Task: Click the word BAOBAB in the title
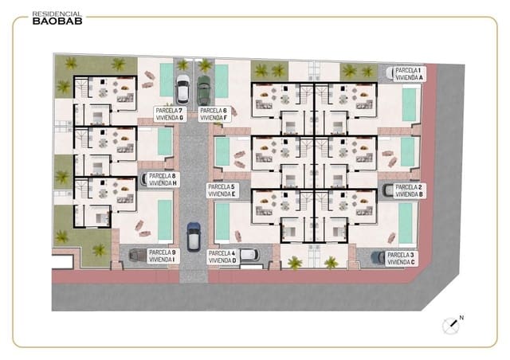(56, 22)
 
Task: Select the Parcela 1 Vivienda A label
(410, 74)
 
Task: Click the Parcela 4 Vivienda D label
(222, 257)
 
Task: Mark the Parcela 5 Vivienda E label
(222, 190)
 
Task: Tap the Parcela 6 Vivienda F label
(214, 114)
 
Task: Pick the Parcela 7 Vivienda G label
(170, 114)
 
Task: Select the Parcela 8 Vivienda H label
(163, 179)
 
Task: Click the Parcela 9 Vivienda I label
(163, 256)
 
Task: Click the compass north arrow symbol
(452, 324)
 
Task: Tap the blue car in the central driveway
(193, 237)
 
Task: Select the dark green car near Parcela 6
(203, 88)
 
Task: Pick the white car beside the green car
(182, 88)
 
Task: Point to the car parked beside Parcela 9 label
(137, 256)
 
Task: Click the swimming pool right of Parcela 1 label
(410, 104)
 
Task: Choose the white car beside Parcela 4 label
(248, 255)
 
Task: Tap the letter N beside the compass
(462, 318)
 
